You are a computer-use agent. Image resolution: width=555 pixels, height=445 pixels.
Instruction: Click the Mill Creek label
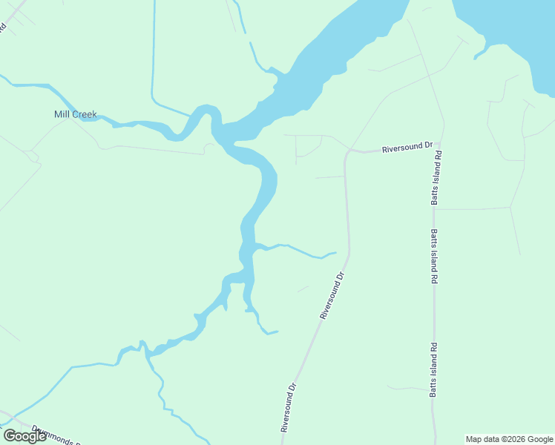(x=76, y=114)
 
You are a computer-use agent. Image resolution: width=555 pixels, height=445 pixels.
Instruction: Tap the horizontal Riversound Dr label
(x=407, y=148)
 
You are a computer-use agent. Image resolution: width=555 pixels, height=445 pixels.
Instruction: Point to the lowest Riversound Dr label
(x=289, y=407)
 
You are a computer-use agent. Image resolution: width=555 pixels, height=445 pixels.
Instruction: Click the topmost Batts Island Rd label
(x=438, y=178)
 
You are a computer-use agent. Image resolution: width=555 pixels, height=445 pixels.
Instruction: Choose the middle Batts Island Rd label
(x=433, y=257)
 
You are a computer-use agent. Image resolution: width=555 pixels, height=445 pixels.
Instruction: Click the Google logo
(x=24, y=436)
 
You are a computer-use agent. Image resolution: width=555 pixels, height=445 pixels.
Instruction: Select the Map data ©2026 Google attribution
(x=509, y=439)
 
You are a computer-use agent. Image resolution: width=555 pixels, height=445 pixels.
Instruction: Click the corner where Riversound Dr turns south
(x=347, y=153)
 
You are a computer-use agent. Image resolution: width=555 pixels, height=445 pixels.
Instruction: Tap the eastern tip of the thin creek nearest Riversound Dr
(x=335, y=253)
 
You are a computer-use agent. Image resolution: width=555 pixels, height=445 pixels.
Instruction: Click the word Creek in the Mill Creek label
(x=84, y=114)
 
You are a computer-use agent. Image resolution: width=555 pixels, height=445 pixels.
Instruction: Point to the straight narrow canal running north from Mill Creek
(x=153, y=52)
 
